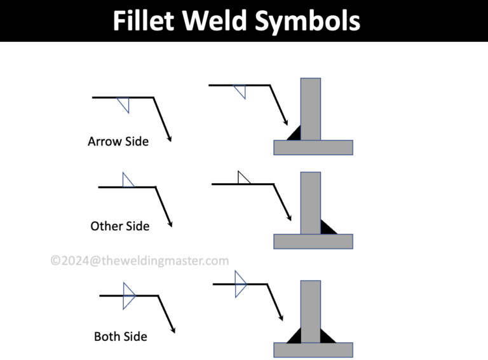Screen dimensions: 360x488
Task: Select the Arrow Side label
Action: [x=118, y=141]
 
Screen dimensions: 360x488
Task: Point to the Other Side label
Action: [x=120, y=226]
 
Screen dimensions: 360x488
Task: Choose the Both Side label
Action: [x=121, y=336]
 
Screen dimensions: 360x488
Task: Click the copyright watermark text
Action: [x=140, y=260]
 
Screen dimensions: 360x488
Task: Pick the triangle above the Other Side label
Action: [x=127, y=181]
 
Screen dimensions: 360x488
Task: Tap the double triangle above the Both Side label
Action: [x=129, y=296]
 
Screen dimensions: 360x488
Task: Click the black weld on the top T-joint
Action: [x=294, y=134]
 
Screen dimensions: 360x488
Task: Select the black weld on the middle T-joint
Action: [x=328, y=227]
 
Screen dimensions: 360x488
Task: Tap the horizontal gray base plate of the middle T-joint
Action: [x=313, y=241]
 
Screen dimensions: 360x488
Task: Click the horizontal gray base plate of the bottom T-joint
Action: [x=313, y=350]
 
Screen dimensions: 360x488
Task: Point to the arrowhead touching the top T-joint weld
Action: [x=286, y=122]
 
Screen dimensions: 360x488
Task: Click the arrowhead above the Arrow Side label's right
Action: [x=169, y=137]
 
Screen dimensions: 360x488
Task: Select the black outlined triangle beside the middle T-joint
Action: [x=242, y=179]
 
